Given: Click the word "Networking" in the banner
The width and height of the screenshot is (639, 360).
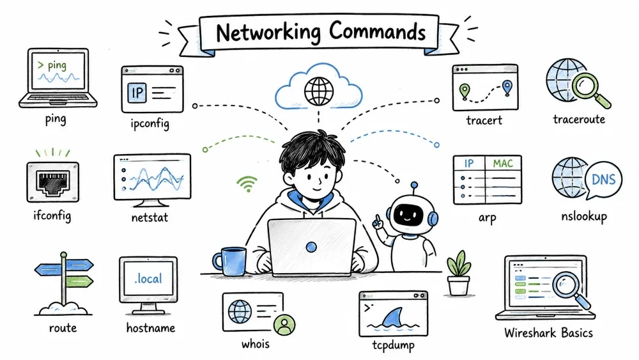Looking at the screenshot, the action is (x=268, y=32).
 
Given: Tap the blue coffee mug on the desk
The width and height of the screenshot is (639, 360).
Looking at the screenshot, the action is (x=229, y=262).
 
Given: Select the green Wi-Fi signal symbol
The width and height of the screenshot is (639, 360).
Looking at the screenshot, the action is (x=247, y=184).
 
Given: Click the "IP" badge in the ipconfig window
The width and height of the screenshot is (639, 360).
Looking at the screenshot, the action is (x=137, y=93).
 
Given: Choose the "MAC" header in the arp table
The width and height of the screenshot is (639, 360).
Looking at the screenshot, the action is (x=503, y=164).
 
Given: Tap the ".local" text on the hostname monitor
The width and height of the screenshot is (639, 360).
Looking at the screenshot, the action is (x=148, y=279).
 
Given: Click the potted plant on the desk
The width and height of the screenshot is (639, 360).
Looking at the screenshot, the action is (x=459, y=273).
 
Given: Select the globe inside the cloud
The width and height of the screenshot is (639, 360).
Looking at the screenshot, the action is (x=319, y=91).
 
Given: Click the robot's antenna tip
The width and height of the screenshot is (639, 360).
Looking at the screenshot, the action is (x=415, y=185).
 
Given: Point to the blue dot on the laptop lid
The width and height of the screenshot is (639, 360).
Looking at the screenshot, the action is (x=311, y=247).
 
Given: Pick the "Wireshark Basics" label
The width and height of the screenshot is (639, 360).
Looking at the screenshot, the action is (x=548, y=333).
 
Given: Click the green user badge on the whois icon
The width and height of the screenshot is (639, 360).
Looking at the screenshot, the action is (x=284, y=325).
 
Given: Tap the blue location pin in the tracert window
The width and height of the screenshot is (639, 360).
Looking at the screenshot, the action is (x=507, y=88).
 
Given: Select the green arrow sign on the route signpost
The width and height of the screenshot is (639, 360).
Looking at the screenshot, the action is (x=79, y=281).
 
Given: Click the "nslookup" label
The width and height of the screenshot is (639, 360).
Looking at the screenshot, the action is (x=584, y=216).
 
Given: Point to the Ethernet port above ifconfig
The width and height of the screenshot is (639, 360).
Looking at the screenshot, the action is (x=52, y=182).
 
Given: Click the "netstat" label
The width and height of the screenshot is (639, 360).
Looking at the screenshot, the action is (x=150, y=217).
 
